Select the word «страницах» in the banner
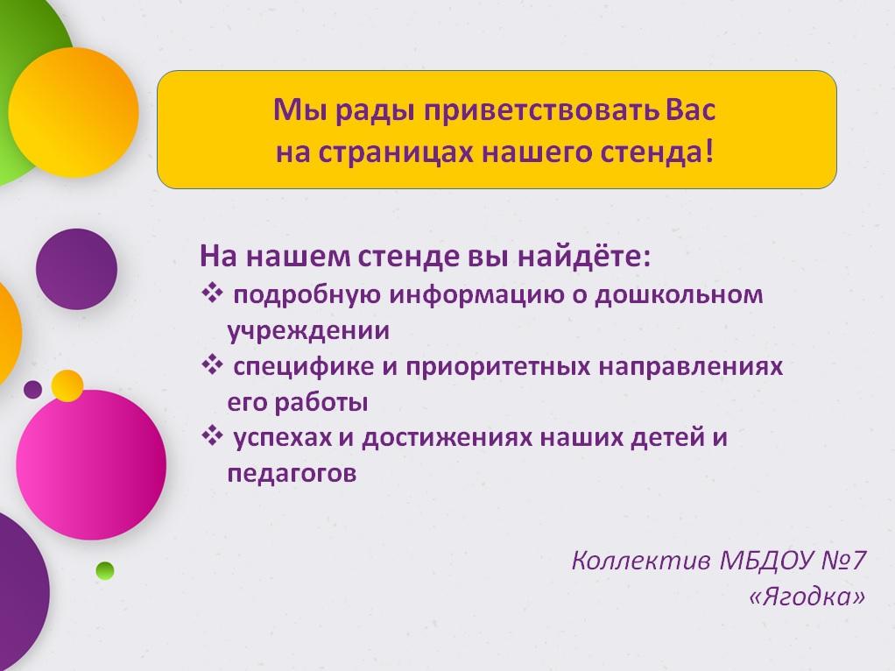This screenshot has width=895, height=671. [x=396, y=153]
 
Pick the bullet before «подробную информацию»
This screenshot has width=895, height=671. [x=212, y=294]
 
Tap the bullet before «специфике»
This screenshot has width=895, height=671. [x=212, y=365]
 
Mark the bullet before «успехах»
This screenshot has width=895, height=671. [x=212, y=437]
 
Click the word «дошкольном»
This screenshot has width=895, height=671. [x=679, y=295]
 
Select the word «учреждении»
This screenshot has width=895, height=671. [x=308, y=331]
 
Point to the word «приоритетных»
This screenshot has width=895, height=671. [x=497, y=367]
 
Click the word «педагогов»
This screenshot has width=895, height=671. [x=292, y=474]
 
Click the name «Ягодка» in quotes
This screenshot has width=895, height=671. [x=807, y=597]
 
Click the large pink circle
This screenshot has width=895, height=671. [x=91, y=465]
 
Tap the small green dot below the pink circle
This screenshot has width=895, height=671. [x=105, y=570]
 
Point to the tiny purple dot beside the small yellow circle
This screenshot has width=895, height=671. [x=33, y=390]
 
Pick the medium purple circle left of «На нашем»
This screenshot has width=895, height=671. [x=76, y=269]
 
